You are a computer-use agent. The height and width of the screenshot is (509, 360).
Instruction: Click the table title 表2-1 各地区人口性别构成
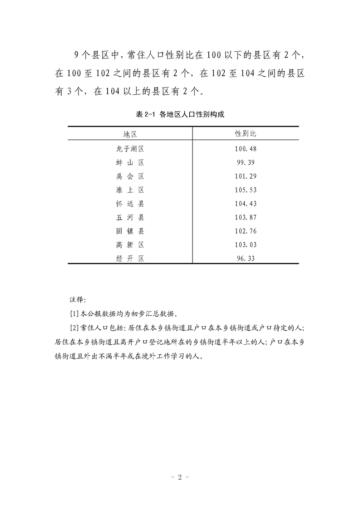pos(180,115)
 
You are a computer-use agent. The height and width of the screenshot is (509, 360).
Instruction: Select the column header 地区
pos(130,134)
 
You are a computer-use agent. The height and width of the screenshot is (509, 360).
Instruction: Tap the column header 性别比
pos(246,134)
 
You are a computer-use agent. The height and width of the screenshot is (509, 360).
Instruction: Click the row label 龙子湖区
pos(130,148)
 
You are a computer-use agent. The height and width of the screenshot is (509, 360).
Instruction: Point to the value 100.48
pos(246,148)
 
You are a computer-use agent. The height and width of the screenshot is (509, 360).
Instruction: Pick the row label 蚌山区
pos(130,162)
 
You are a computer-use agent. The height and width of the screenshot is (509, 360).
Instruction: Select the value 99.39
pos(246,162)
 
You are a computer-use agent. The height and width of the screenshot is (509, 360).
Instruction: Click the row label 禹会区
pos(130,176)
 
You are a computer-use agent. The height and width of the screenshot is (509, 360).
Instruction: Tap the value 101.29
pos(246,176)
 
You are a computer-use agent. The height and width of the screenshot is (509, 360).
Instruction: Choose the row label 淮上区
pos(130,190)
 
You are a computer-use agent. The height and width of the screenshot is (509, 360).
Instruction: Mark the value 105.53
pos(246,190)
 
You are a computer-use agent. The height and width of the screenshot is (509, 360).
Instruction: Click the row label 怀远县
pos(130,204)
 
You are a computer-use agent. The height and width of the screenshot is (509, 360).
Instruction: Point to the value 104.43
pos(246,204)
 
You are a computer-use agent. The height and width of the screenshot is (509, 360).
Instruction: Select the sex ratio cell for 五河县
pos(246,217)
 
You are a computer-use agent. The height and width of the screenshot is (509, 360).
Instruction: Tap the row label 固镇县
pos(130,231)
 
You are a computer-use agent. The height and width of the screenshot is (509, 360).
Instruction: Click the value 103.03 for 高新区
pos(246,245)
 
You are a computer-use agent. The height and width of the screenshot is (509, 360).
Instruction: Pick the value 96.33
pos(246,259)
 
